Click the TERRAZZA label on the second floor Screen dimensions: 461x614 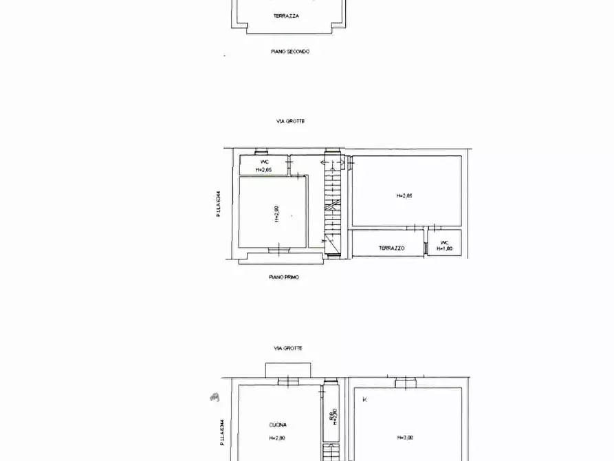[x=286, y=16]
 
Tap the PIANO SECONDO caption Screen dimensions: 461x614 [x=290, y=52]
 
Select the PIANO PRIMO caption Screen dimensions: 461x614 [x=284, y=277]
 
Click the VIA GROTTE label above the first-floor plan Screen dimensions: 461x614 [x=290, y=121]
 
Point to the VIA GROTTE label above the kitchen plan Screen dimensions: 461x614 [x=288, y=348]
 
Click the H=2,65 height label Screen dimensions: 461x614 [x=264, y=169]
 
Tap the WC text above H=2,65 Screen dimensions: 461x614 [x=264, y=162]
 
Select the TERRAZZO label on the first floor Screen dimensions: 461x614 [x=391, y=248]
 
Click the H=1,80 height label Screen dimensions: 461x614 [x=444, y=249]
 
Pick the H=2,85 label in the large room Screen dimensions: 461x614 [x=404, y=195]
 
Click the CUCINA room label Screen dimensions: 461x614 [x=278, y=425]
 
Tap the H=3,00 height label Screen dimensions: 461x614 [x=405, y=437]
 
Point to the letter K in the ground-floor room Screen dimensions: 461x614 [x=364, y=399]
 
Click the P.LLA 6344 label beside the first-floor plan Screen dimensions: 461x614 [x=219, y=204]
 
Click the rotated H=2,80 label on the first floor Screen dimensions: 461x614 [x=276, y=213]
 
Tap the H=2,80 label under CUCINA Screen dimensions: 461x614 [x=277, y=438]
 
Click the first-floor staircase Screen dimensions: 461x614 [x=332, y=206]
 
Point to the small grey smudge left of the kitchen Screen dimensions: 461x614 [x=215, y=396]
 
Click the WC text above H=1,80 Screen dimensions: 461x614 [x=444, y=242]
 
